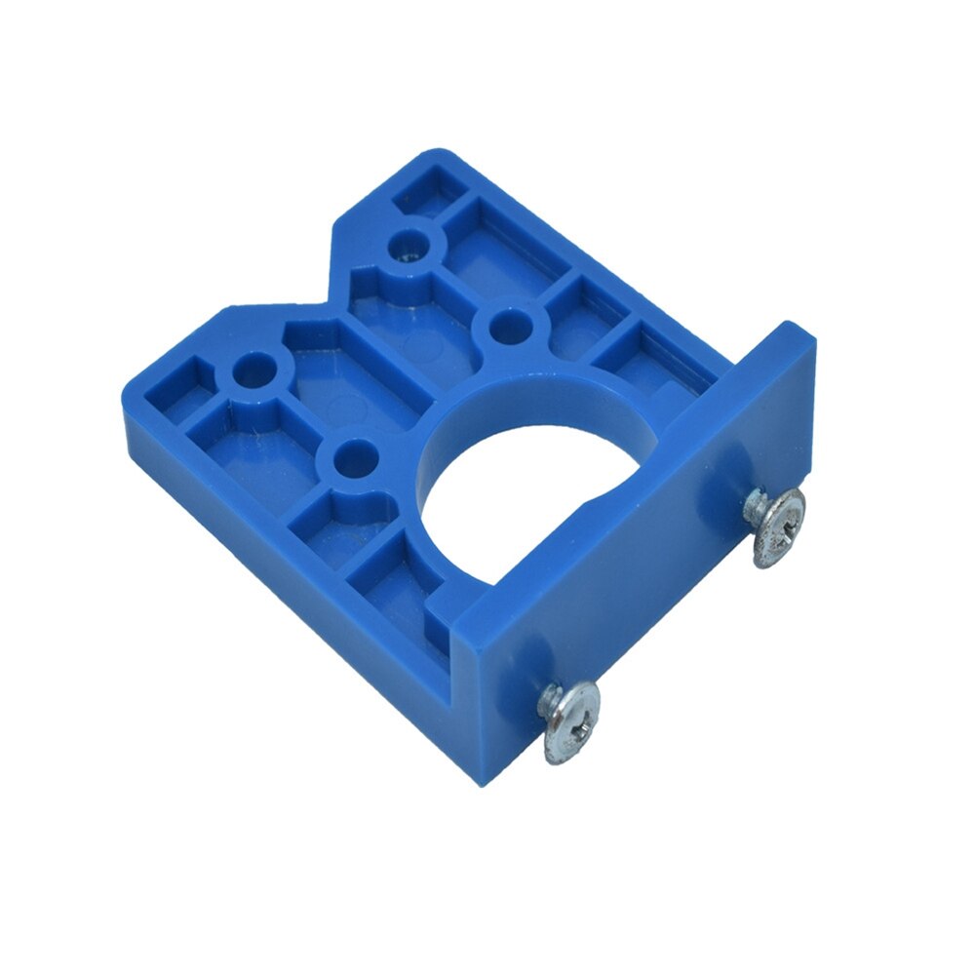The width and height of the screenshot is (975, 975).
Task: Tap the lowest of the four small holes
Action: tap(353, 456)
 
